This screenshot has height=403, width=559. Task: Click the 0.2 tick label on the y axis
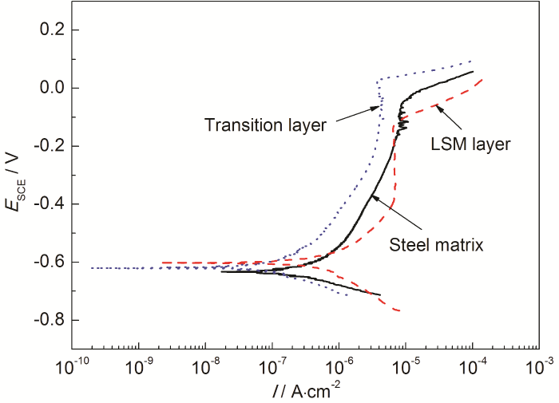[x=50, y=30]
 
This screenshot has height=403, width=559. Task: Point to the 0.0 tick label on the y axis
[x=50, y=88]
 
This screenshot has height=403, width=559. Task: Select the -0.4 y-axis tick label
[x=47, y=204]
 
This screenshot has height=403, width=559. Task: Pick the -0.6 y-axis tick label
[x=47, y=263]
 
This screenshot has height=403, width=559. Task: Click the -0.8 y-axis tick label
[x=47, y=321]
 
